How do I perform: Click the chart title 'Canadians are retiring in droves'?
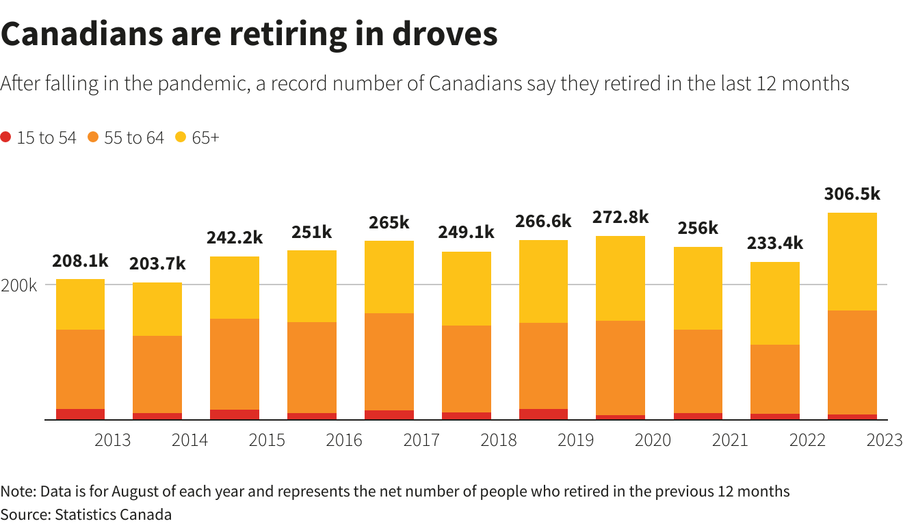coord(249,34)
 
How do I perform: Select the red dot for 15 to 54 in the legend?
coord(6,137)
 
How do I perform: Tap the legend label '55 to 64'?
coord(134,137)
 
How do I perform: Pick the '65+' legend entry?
coord(205,137)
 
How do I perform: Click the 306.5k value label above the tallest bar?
coord(852,194)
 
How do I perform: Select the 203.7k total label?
coord(157,263)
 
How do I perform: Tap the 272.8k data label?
coord(620,217)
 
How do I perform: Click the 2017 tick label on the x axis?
coord(421,440)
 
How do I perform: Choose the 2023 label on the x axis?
coord(885,440)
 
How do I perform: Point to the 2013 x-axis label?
coord(112,440)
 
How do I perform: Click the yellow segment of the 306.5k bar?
coord(852,261)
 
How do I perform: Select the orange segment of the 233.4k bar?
coord(774,379)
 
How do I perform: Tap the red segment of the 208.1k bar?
coord(79,414)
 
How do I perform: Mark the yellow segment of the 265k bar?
coord(389,276)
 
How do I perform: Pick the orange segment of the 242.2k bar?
coord(234,364)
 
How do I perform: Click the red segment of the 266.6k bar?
coord(543,414)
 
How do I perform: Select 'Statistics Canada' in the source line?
coord(114,514)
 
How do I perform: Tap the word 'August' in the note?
coord(135,491)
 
